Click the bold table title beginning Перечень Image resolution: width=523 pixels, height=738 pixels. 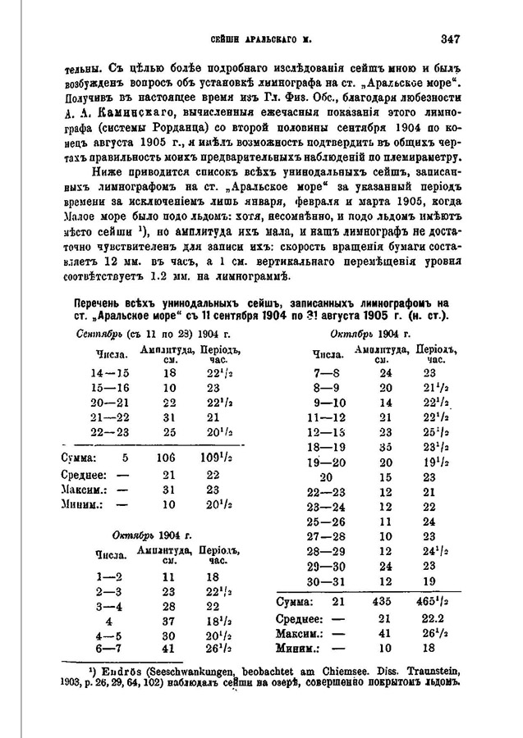pyautogui.click(x=261, y=305)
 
